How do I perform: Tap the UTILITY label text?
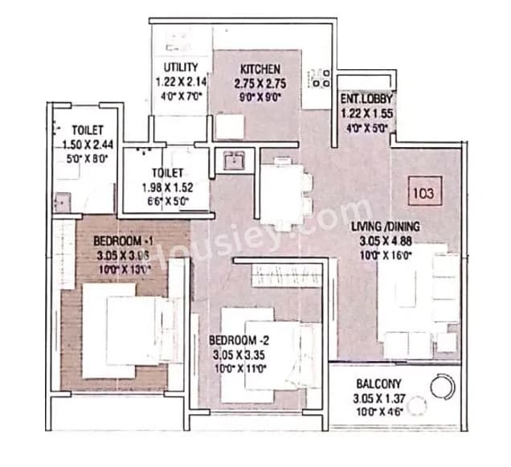point(182,67)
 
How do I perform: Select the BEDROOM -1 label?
point(122,240)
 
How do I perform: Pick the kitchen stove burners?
point(321,78)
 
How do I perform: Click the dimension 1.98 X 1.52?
point(169,187)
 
